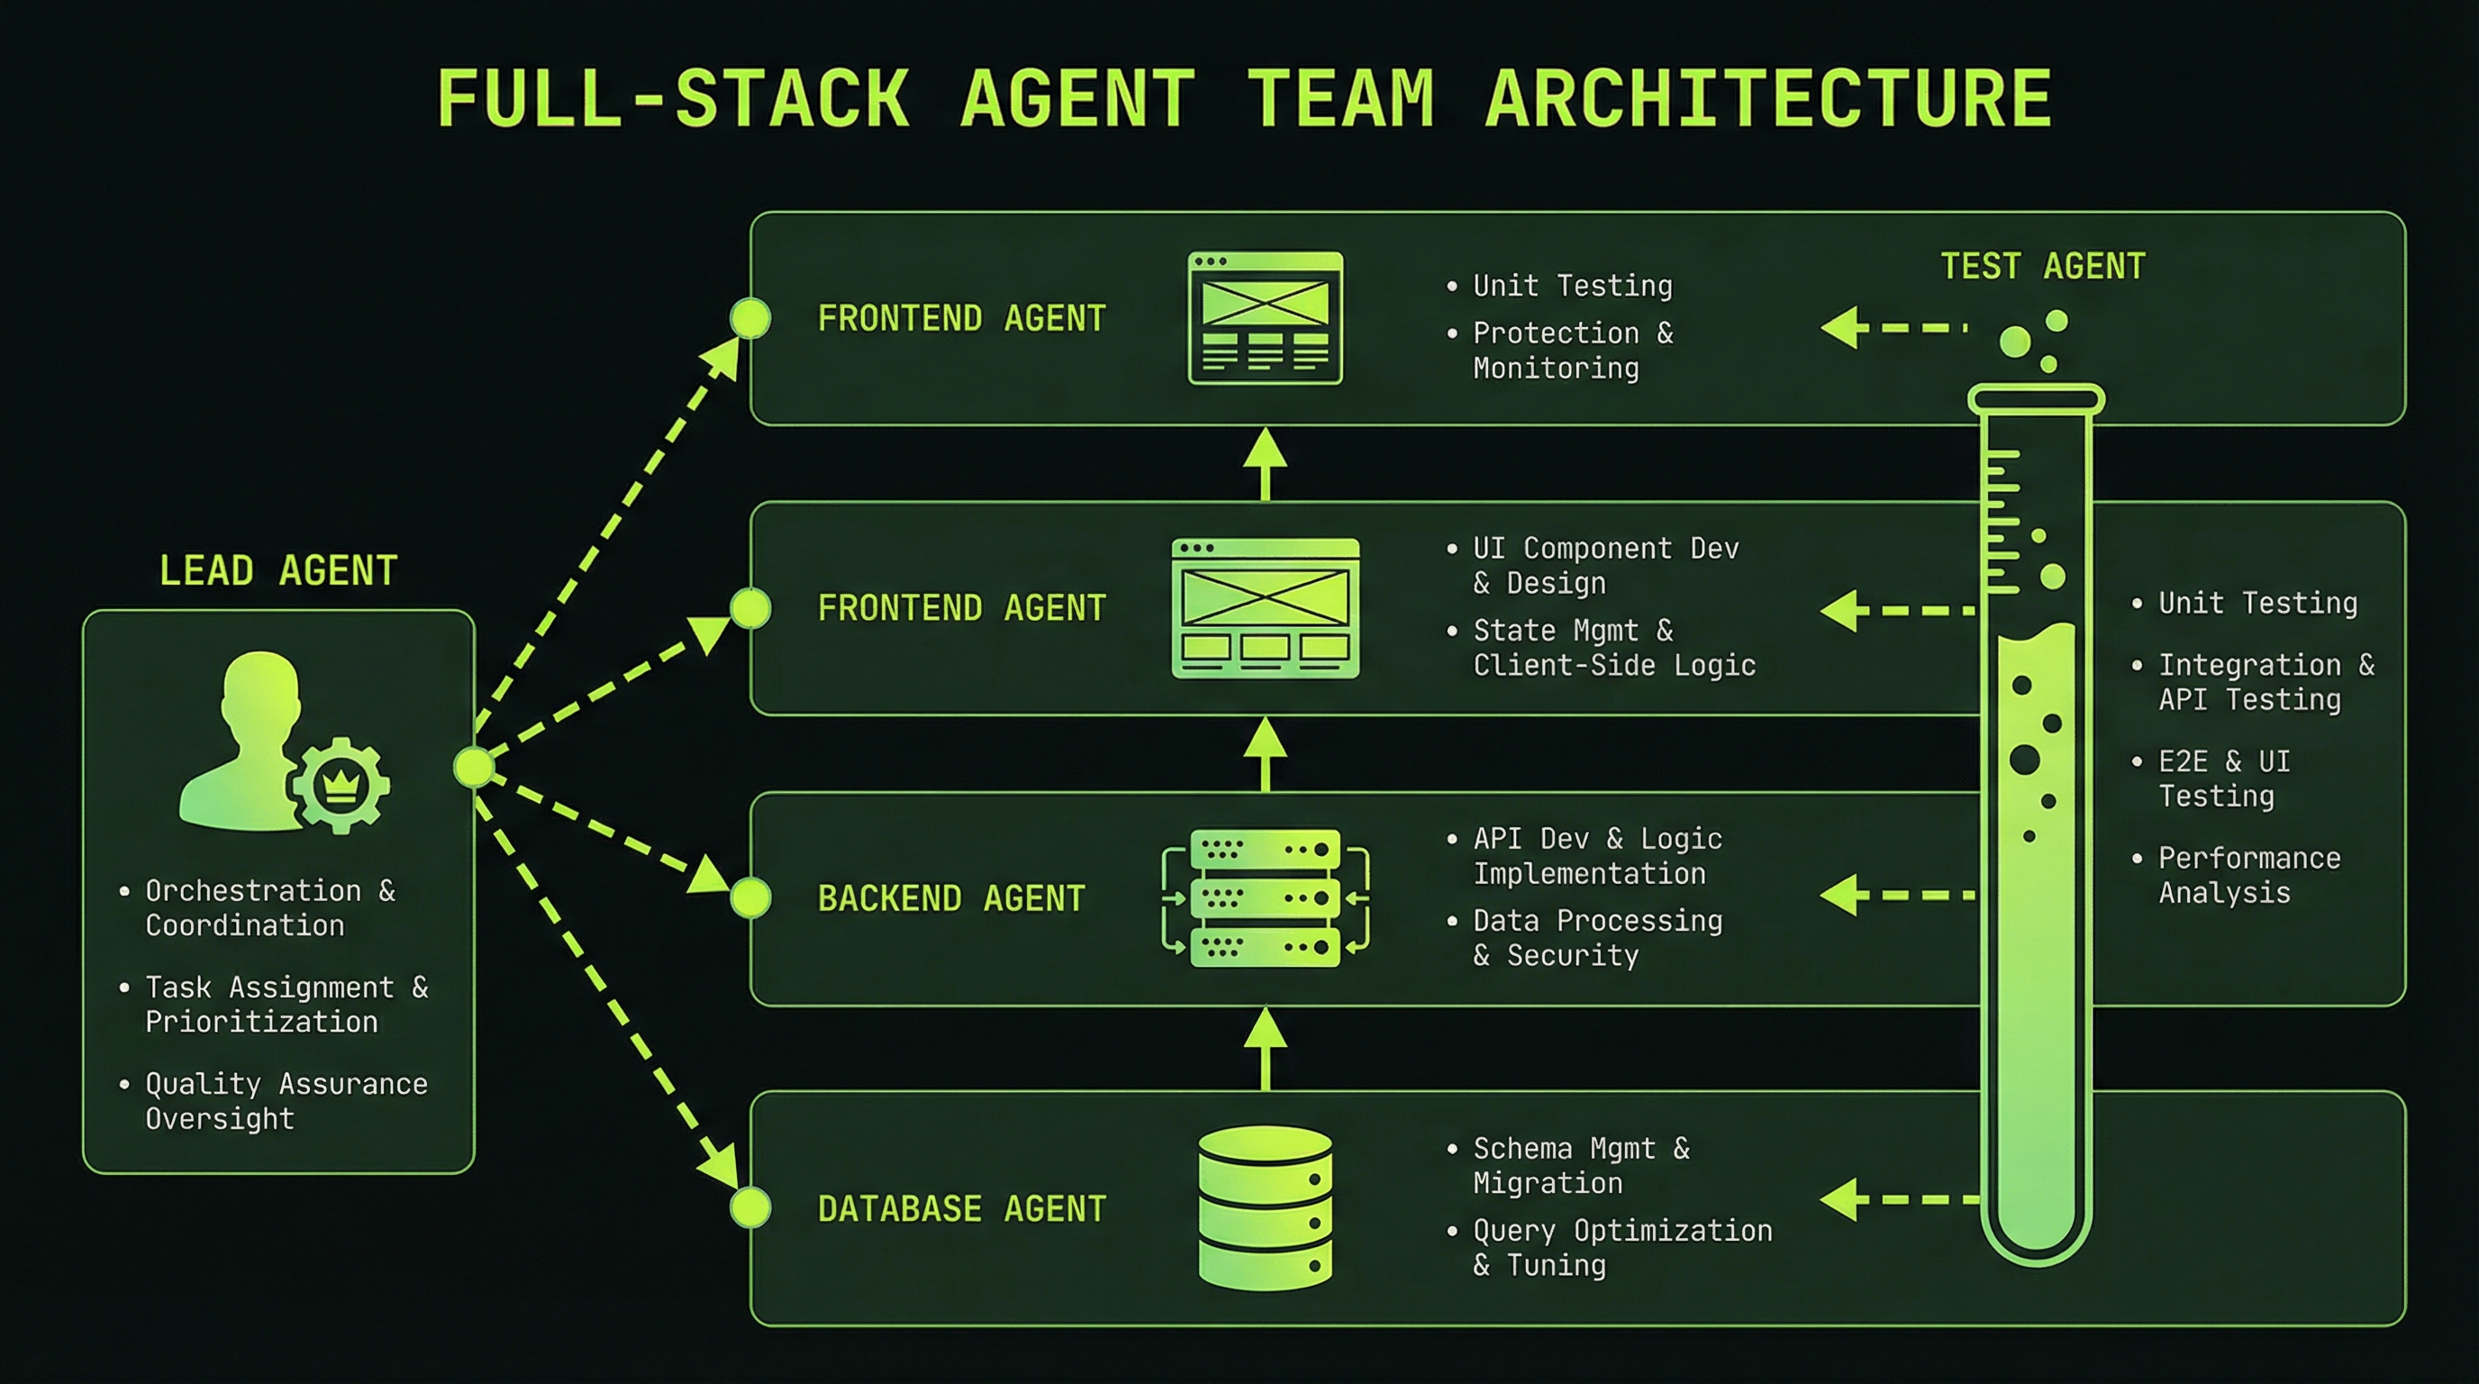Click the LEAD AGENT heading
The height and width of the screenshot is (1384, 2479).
tap(278, 570)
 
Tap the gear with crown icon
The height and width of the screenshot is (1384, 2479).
tap(339, 785)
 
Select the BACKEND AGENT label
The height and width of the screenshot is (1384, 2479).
tap(951, 898)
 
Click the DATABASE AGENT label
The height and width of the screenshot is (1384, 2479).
tap(961, 1208)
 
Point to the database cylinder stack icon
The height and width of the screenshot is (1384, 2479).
tap(1265, 1208)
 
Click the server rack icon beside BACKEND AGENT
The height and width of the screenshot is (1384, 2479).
tap(1265, 898)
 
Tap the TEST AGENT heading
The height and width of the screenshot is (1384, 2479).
tap(2042, 267)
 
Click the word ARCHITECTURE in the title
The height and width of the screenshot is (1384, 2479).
tap(1769, 98)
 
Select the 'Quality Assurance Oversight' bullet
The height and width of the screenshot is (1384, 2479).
tap(286, 1101)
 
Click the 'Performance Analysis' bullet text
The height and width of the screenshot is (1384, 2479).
tap(2248, 875)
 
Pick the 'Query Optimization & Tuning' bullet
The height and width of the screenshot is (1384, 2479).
tap(1621, 1247)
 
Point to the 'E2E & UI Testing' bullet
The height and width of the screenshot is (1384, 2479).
tap(2223, 778)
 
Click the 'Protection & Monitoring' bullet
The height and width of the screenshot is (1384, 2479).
tap(1572, 351)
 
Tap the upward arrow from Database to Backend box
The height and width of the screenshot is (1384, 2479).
tap(1265, 1049)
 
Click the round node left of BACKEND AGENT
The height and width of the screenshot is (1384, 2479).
tap(750, 897)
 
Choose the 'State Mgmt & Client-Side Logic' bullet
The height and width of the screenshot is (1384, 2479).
tap(1613, 648)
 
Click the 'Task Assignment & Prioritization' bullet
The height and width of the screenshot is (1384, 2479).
tap(286, 1004)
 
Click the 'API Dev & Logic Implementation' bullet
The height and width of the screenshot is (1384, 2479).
tap(1597, 856)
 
